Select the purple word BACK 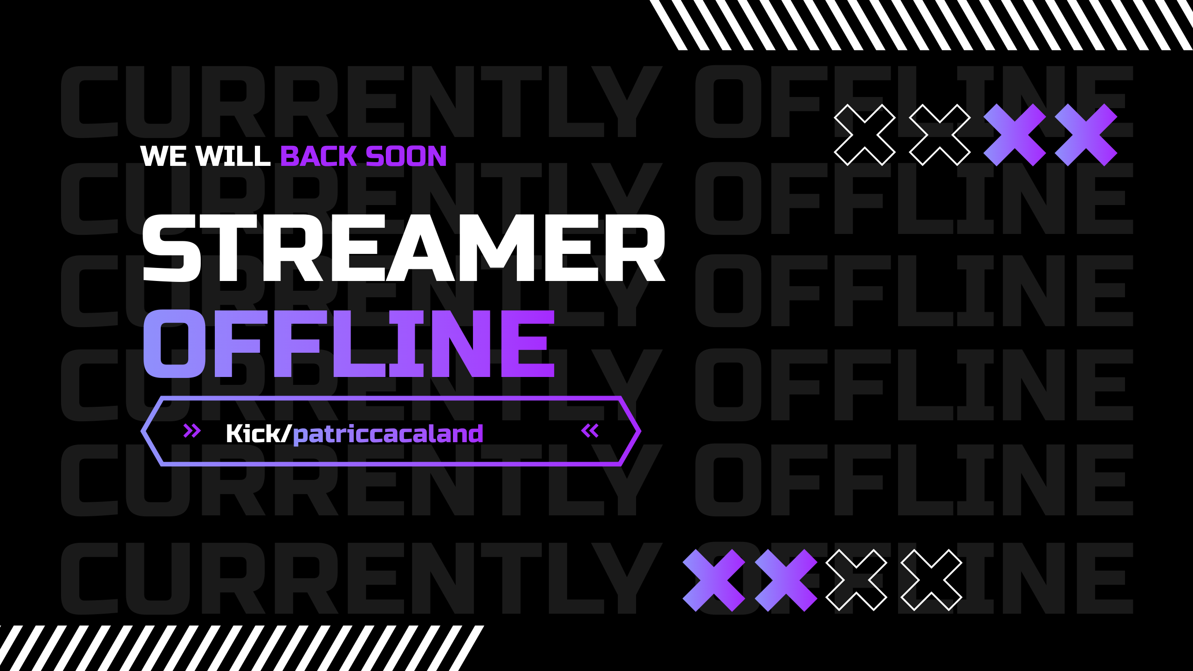[x=319, y=156]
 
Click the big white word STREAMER [x=404, y=248]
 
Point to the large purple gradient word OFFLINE [x=349, y=343]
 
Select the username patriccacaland [x=388, y=434]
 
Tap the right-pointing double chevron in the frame [x=192, y=431]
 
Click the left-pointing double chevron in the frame [x=590, y=431]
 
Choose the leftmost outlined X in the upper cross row [x=864, y=135]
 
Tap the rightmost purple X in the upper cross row [x=1086, y=135]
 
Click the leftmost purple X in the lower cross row [x=714, y=580]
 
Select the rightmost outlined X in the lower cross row [x=931, y=580]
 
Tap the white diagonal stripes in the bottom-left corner [x=242, y=648]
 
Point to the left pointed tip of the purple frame [x=141, y=431]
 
